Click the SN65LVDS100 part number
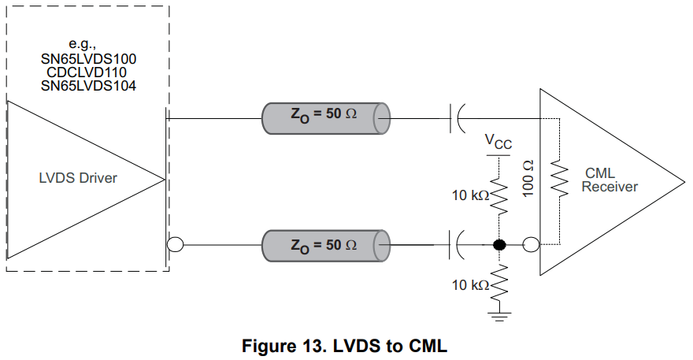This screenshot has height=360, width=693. [x=88, y=59]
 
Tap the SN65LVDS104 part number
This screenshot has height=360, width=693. [x=88, y=85]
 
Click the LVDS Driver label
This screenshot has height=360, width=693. [x=78, y=178]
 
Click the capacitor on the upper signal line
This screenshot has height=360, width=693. [x=458, y=118]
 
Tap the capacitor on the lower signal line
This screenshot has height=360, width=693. [x=458, y=245]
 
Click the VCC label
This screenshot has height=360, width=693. [x=498, y=143]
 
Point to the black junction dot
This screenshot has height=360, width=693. [x=498, y=245]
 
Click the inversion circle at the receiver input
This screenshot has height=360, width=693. [x=531, y=245]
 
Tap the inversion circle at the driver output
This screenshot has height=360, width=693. [x=175, y=245]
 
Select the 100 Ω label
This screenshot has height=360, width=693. [x=528, y=179]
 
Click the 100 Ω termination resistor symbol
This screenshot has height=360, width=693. [x=560, y=180]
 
